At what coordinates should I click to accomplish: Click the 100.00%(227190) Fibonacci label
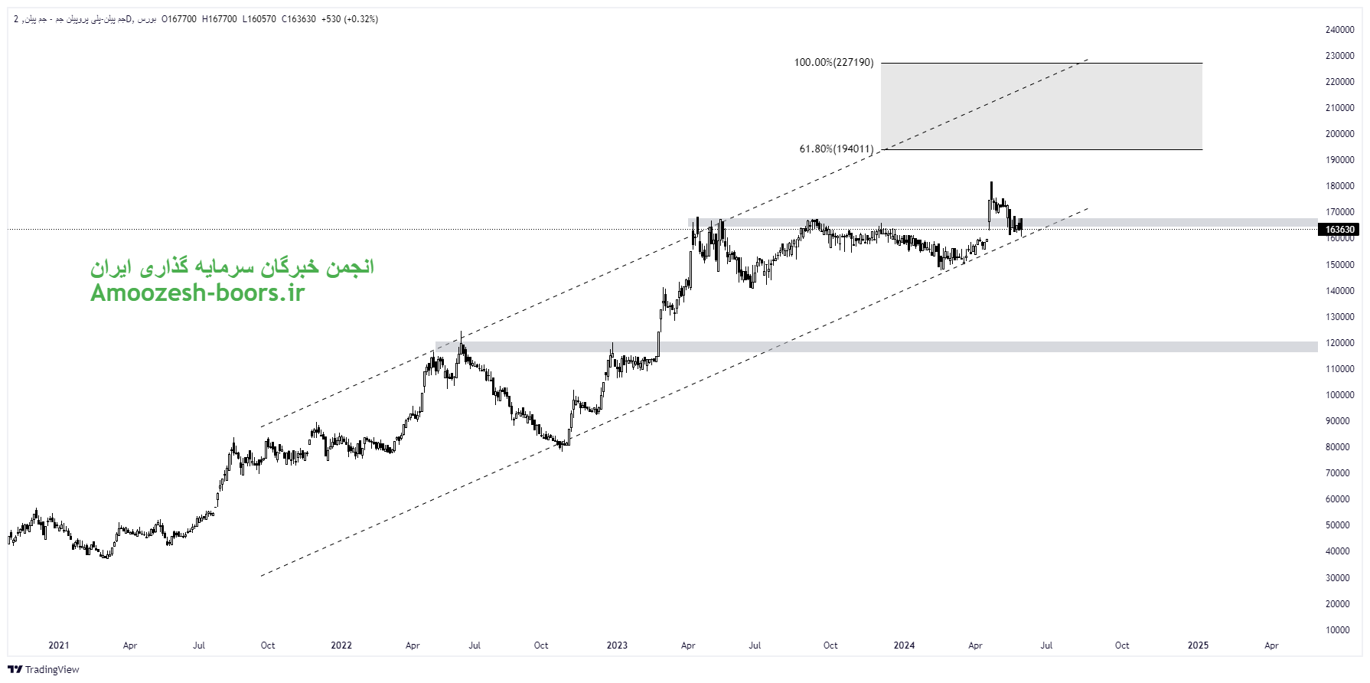coord(833,63)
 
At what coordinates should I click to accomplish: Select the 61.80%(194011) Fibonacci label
coord(836,149)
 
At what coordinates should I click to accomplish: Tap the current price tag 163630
coord(1339,230)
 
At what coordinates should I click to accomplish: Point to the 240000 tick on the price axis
coord(1339,30)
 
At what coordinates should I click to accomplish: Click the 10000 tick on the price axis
coord(1339,630)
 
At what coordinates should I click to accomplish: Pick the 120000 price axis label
coord(1339,343)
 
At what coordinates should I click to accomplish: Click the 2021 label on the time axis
coord(58,645)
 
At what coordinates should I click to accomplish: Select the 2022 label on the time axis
coord(341,645)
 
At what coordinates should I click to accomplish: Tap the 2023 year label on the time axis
coord(617,645)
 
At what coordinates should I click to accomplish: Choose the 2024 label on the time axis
coord(904,645)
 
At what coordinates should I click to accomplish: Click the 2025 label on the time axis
coord(1198,645)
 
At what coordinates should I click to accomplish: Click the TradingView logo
coord(44,670)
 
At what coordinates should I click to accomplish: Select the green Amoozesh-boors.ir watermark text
coord(197,292)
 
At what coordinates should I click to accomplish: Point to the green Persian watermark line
coord(232,267)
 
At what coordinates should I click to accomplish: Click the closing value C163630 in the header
coord(298,19)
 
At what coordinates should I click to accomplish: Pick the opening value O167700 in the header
coord(179,19)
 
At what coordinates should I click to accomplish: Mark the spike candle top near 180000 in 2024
coord(991,183)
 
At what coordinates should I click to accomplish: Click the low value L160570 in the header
coord(259,19)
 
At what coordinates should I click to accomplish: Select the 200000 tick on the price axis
coord(1339,134)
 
